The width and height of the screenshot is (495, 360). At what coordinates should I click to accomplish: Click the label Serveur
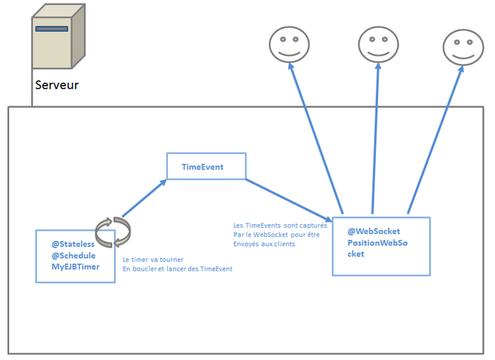pyautogui.click(x=56, y=84)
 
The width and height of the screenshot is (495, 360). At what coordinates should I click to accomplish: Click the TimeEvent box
pyautogui.click(x=207, y=166)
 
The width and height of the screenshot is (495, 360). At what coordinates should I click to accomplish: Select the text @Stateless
pyautogui.click(x=73, y=244)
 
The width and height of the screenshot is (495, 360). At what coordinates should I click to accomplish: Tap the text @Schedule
pyautogui.click(x=74, y=255)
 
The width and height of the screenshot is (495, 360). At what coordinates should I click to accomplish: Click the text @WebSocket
pyautogui.click(x=374, y=231)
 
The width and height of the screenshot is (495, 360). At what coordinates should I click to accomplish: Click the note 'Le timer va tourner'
pyautogui.click(x=153, y=259)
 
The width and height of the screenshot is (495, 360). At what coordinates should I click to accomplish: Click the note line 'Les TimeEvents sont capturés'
pyautogui.click(x=280, y=226)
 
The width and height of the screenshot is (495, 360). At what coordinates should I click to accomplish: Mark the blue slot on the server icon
pyautogui.click(x=52, y=29)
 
